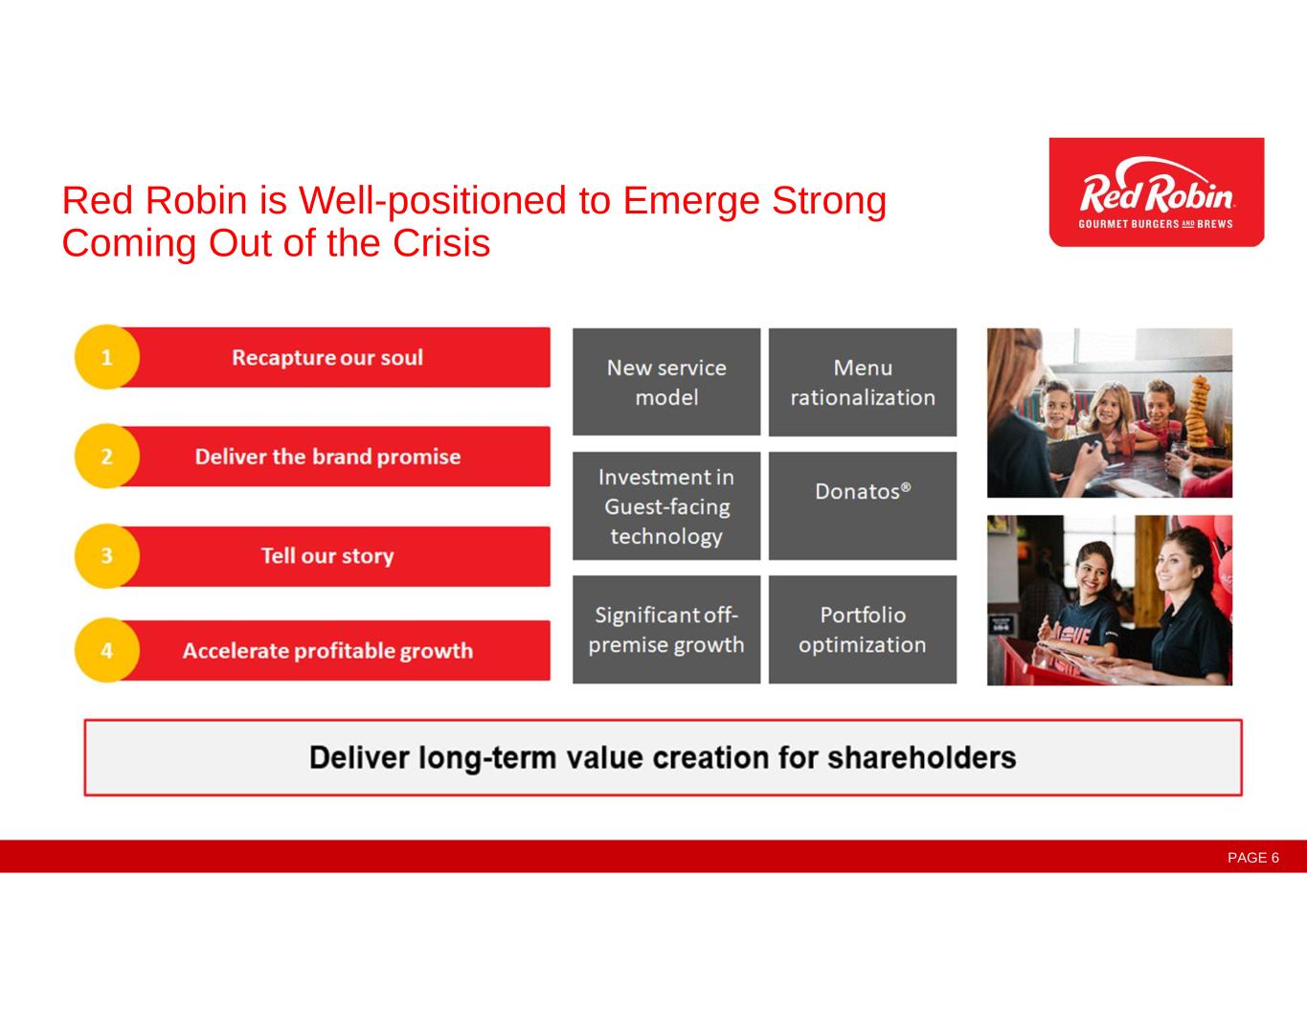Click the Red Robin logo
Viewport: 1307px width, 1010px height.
pos(1156,191)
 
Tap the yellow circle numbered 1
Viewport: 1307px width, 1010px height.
pos(107,357)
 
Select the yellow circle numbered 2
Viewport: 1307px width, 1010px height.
pos(107,457)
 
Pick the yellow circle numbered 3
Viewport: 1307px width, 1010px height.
pos(107,556)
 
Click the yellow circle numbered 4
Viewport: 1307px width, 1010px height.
pos(107,650)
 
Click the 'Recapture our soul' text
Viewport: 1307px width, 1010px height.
pos(327,358)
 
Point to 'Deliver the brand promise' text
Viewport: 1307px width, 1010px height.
pos(327,457)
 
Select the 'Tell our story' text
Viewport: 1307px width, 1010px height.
pos(327,556)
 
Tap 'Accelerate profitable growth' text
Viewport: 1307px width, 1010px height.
pos(327,651)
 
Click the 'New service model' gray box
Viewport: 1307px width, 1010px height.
pos(666,382)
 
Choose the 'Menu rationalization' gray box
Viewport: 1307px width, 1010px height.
pos(863,382)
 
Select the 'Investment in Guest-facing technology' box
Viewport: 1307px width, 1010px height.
pos(666,506)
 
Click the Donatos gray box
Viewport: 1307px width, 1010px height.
pos(863,506)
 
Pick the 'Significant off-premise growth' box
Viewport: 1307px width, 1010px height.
pos(666,629)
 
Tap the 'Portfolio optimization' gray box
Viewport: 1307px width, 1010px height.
pos(863,629)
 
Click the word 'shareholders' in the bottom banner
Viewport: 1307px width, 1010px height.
pos(921,757)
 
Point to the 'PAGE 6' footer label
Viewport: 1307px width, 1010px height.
pos(1253,858)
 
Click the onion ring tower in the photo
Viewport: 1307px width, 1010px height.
pos(1199,412)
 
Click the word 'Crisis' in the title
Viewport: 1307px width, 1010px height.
pos(441,243)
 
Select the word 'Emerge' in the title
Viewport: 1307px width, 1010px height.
pos(691,202)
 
